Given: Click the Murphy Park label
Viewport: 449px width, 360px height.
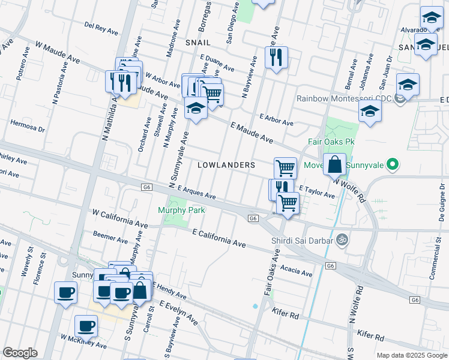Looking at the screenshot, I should (181, 210).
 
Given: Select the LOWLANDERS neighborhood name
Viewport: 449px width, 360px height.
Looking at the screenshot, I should (226, 164).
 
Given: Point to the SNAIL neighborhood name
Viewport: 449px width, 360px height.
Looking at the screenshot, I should (197, 43).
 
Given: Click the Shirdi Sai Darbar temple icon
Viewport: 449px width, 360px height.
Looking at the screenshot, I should (343, 239).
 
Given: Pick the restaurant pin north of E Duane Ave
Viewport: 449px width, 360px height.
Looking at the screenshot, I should (276, 58).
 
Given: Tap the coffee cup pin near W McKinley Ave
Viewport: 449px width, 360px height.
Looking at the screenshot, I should (86, 326).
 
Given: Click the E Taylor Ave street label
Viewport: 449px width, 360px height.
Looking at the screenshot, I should (316, 191).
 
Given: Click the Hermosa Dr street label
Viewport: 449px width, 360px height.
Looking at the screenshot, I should (28, 125).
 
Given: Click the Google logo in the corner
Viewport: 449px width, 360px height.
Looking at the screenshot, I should (20, 353).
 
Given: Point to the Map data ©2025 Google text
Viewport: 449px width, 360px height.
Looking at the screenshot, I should (411, 355).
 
